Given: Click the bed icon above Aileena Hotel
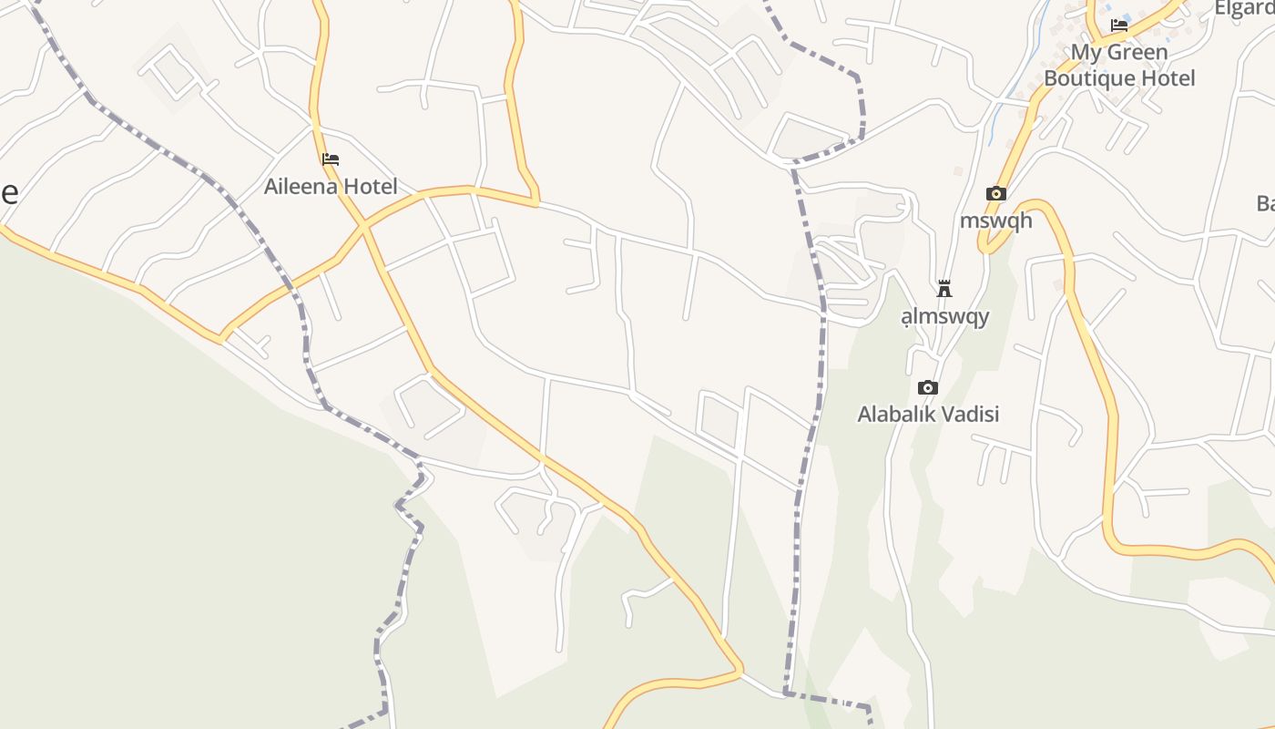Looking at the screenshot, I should click(x=331, y=159).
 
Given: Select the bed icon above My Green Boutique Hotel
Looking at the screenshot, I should click(x=1119, y=26).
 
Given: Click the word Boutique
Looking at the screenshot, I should click(x=1086, y=78).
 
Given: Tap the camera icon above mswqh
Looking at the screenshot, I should click(x=996, y=193).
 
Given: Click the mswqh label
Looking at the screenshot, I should click(x=996, y=221).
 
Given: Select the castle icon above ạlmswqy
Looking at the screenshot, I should click(x=944, y=290).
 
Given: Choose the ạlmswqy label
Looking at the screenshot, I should click(x=944, y=317).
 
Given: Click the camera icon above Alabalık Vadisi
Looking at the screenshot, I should click(x=928, y=387).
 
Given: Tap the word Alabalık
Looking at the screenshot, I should click(x=896, y=415).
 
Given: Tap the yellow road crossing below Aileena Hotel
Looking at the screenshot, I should click(x=363, y=225).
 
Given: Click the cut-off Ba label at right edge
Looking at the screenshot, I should click(x=1265, y=203).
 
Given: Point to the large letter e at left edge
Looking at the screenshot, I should click(x=8, y=192).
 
